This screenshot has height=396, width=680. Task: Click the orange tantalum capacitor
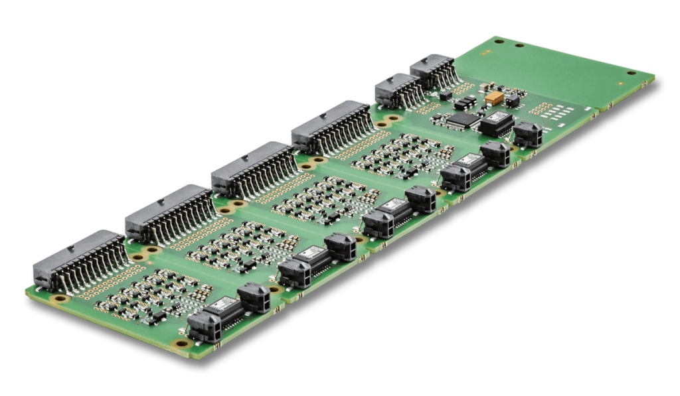click(x=493, y=98)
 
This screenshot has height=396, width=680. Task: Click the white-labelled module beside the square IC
click(x=496, y=123)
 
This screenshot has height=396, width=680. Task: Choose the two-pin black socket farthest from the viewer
click(x=528, y=134)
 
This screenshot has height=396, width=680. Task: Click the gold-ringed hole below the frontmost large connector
click(x=60, y=299)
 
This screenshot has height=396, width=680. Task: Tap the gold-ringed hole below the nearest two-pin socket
click(x=178, y=344)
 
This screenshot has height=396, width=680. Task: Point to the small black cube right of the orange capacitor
click(x=513, y=101)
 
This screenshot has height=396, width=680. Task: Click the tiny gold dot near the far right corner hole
click(x=621, y=84)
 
